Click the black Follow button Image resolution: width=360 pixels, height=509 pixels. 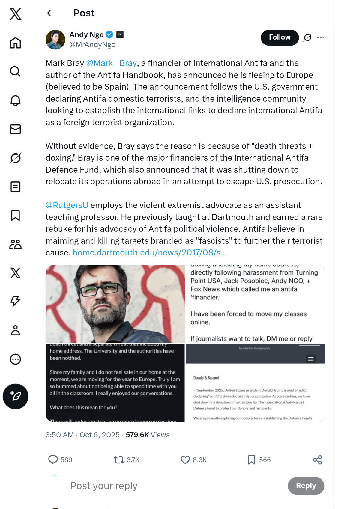280,37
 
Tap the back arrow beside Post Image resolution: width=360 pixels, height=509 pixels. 51,13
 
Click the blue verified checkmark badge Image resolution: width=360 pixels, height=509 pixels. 110,35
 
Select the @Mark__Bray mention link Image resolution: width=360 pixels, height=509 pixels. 111,63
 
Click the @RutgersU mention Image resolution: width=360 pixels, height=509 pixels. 67,205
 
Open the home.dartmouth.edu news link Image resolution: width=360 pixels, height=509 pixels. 150,252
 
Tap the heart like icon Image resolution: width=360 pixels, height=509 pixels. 185,460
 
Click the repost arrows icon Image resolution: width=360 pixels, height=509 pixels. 119,460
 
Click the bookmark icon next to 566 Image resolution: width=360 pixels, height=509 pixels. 251,460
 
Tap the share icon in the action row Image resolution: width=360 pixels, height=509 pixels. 317,460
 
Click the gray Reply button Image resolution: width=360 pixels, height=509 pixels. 306,486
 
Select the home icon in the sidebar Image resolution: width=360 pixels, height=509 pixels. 15,43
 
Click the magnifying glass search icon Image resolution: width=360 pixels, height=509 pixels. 15,71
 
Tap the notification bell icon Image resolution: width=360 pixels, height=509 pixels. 15,100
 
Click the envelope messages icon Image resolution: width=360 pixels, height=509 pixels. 15,129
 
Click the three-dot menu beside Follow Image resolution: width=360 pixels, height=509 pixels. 321,37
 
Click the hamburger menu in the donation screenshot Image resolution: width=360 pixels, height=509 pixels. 311,359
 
